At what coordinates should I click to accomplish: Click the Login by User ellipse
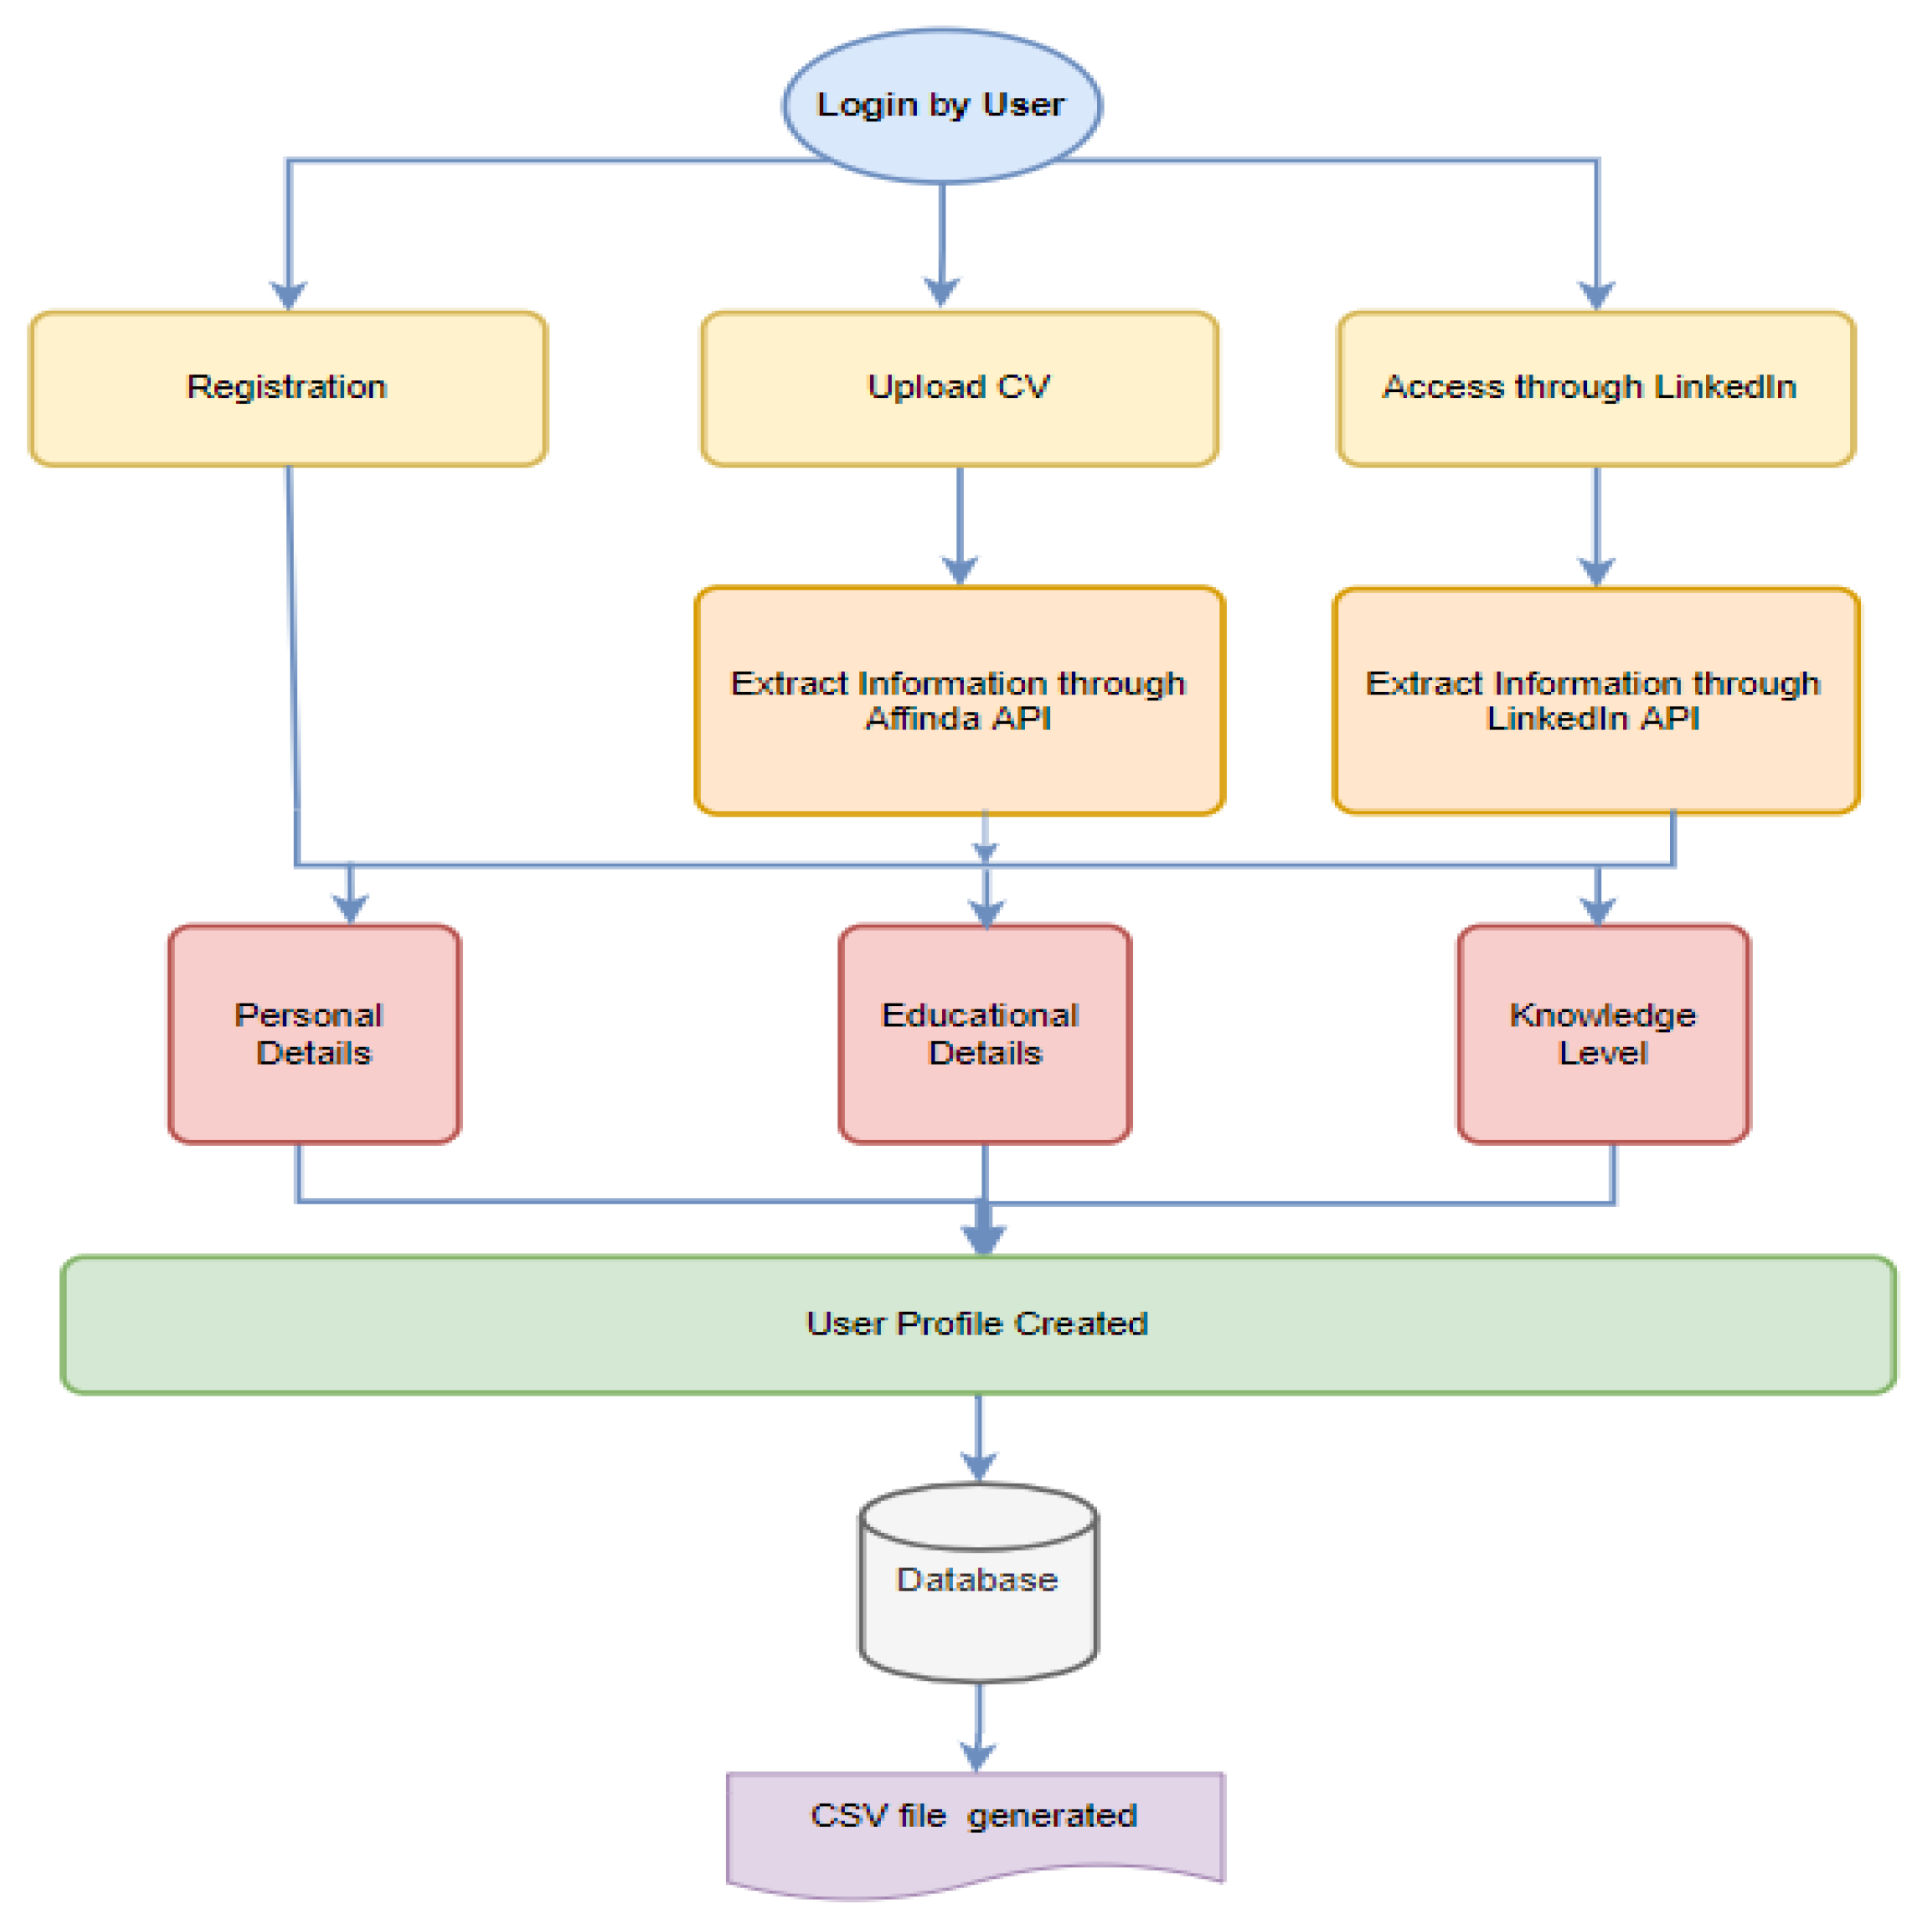point(941,105)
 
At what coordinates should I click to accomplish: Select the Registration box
point(288,388)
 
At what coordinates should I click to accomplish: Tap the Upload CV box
point(958,388)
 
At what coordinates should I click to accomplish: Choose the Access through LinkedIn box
point(1595,388)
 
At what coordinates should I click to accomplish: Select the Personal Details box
point(314,1033)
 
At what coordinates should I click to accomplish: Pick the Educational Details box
point(984,1033)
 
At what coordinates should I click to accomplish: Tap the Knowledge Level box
point(1601,1033)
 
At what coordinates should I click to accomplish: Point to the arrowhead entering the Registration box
point(289,294)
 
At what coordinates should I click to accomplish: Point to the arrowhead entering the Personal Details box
point(349,905)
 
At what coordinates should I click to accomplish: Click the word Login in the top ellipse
point(866,105)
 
